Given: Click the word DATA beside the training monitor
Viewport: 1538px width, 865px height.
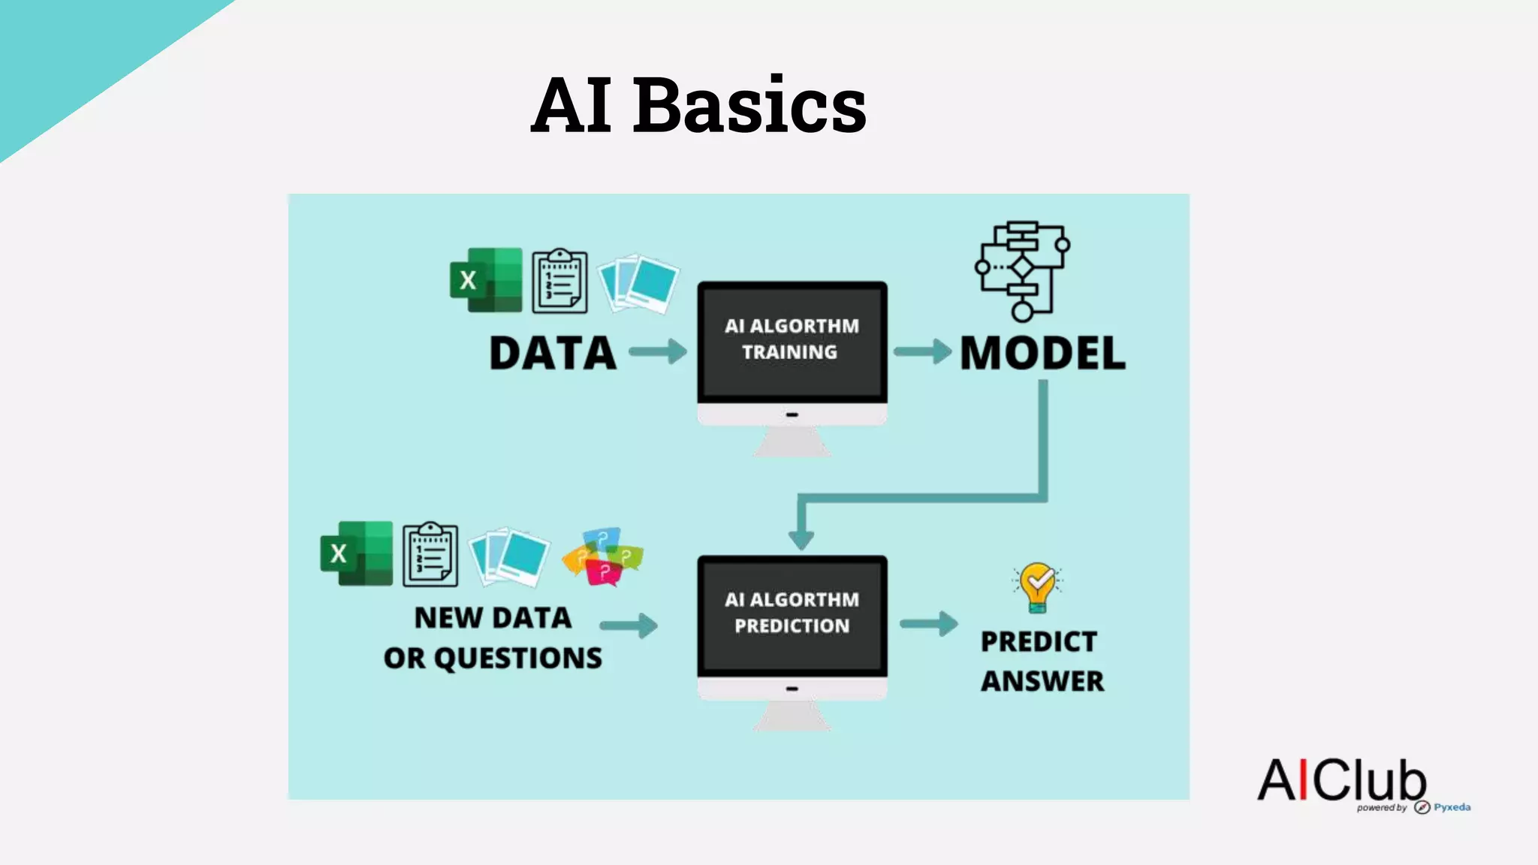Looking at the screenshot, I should pyautogui.click(x=553, y=353).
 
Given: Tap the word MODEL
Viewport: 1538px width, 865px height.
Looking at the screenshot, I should pyautogui.click(x=1043, y=353).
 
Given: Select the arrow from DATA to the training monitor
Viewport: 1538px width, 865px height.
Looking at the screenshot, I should pyautogui.click(x=658, y=351).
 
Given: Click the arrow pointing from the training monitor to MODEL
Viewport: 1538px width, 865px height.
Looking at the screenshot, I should pyautogui.click(x=922, y=351).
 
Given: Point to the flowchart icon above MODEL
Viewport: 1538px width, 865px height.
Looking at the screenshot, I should pyautogui.click(x=1022, y=270).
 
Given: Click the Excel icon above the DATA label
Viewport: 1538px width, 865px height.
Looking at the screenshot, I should pyautogui.click(x=486, y=280).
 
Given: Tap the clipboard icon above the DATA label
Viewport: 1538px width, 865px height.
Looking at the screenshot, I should pyautogui.click(x=559, y=282).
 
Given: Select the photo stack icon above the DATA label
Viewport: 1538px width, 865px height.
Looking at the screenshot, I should pyautogui.click(x=638, y=283).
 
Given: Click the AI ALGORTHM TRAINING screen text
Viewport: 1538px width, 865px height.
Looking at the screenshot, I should pyautogui.click(x=791, y=339).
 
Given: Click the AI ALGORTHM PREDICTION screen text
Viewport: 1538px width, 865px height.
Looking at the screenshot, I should pyautogui.click(x=792, y=613).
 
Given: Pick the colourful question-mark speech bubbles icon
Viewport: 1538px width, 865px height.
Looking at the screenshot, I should pyautogui.click(x=603, y=556).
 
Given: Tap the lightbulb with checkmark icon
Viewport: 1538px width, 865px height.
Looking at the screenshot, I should pyautogui.click(x=1038, y=586).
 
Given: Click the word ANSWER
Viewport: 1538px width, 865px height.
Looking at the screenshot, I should pyautogui.click(x=1042, y=681).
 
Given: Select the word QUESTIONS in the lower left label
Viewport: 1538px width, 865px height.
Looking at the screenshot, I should pyautogui.click(x=518, y=658).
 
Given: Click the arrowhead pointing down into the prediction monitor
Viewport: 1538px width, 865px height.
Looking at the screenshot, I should pyautogui.click(x=801, y=538).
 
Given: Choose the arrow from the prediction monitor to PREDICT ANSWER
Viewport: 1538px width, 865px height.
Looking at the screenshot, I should pyautogui.click(x=929, y=623).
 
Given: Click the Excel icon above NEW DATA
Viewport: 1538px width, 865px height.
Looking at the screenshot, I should pyautogui.click(x=357, y=553).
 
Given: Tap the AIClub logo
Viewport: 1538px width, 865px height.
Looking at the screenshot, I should pyautogui.click(x=1342, y=780).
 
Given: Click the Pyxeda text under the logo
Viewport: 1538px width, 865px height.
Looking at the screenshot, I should pyautogui.click(x=1452, y=807).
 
